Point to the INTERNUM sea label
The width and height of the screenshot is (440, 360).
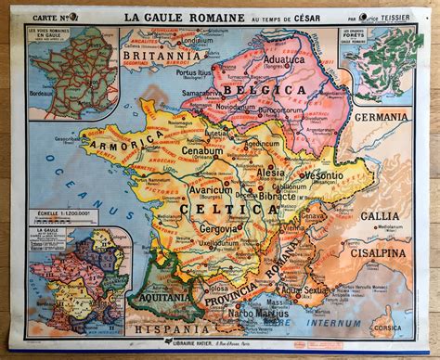coord(328,325)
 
